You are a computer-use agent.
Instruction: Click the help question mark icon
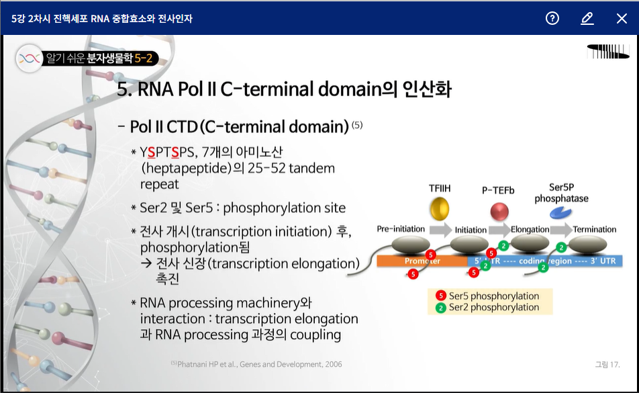pyautogui.click(x=552, y=18)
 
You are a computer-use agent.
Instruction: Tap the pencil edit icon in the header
pyautogui.click(x=587, y=18)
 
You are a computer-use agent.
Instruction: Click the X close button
pyautogui.click(x=622, y=18)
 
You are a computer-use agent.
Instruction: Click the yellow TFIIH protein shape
pyautogui.click(x=440, y=207)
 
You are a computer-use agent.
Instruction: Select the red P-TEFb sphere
pyautogui.click(x=499, y=212)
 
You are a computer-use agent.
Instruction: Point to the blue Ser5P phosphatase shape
pyautogui.click(x=560, y=212)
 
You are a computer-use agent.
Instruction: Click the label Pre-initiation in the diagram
pyautogui.click(x=401, y=228)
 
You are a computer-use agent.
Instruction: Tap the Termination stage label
pyautogui.click(x=594, y=229)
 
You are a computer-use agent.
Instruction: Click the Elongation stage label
pyautogui.click(x=530, y=229)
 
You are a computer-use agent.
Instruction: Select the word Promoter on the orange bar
pyautogui.click(x=422, y=261)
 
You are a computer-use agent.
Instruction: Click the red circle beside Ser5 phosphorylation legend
pyautogui.click(x=441, y=296)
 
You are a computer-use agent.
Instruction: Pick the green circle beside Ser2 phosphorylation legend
pyautogui.click(x=441, y=307)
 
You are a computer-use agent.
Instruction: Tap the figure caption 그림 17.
pyautogui.click(x=607, y=364)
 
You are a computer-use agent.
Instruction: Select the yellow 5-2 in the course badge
pyautogui.click(x=144, y=58)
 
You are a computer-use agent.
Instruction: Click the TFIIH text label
pyautogui.click(x=440, y=189)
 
